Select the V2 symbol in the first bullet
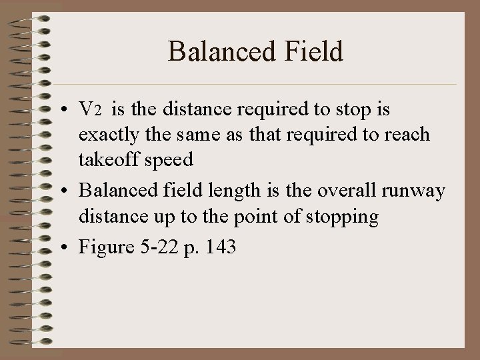pyautogui.click(x=89, y=109)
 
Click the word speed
pyautogui.click(x=173, y=160)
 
